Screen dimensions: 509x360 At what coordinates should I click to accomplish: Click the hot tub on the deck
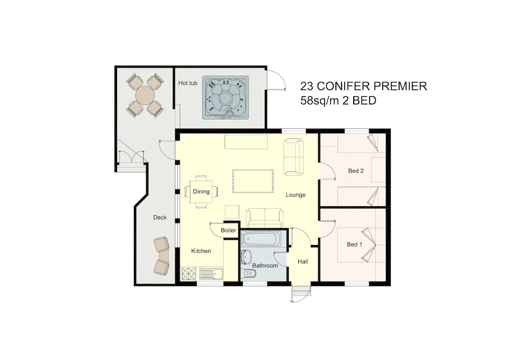(x=225, y=98)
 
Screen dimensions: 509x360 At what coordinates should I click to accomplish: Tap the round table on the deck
(x=145, y=95)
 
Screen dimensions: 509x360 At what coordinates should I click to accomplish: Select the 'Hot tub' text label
(x=188, y=83)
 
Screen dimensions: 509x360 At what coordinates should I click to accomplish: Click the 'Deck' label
(x=160, y=217)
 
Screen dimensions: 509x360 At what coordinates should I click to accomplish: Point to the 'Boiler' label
(x=229, y=230)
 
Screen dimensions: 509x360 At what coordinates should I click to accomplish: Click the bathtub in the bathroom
(x=261, y=239)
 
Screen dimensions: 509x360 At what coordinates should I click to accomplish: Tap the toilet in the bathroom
(x=249, y=273)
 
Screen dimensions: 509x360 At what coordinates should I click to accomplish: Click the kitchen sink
(x=211, y=274)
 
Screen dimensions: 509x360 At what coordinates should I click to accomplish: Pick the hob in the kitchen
(x=188, y=273)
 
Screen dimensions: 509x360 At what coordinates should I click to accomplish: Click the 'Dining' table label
(x=201, y=191)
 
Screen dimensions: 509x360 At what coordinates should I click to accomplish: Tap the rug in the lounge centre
(x=253, y=181)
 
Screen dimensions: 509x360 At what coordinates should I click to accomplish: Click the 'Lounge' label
(x=295, y=195)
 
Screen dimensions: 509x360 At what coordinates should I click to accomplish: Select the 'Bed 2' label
(x=356, y=171)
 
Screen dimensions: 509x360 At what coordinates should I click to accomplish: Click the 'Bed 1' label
(x=354, y=244)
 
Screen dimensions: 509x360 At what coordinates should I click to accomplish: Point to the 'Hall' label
(x=303, y=261)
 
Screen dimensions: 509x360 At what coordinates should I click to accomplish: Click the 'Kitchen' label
(x=201, y=251)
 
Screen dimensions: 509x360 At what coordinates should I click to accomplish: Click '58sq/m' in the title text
(x=320, y=101)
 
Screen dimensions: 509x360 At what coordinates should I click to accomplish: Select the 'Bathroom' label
(x=265, y=265)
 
